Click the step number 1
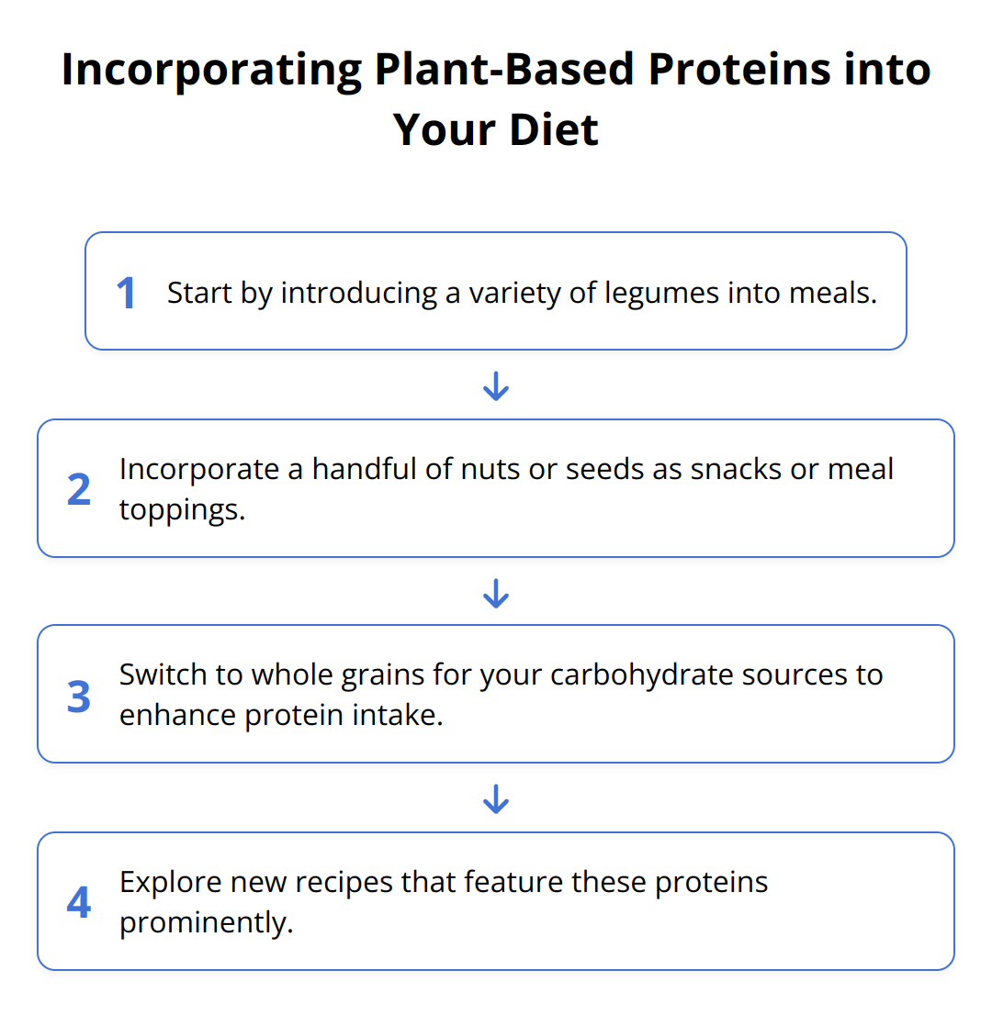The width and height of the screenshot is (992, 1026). (126, 293)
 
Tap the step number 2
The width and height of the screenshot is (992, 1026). (79, 490)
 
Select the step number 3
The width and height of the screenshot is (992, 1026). (79, 697)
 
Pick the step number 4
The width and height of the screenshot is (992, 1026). (79, 903)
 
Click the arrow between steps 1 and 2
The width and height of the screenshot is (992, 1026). (496, 386)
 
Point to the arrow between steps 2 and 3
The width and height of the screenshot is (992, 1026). (496, 594)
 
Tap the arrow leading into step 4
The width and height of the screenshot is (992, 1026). (496, 799)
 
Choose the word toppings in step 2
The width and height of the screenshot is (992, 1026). (182, 511)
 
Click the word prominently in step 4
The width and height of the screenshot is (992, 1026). (206, 923)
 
